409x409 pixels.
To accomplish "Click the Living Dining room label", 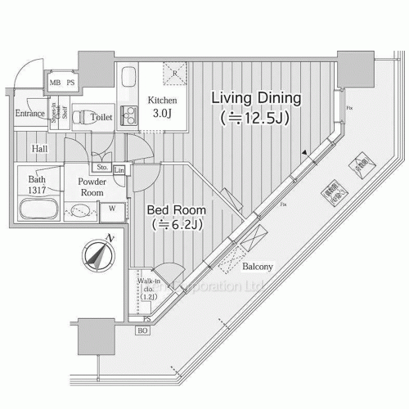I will pyautogui.click(x=256, y=107).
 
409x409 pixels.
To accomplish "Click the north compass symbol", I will pyautogui.click(x=96, y=254).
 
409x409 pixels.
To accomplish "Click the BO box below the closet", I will pyautogui.click(x=142, y=330).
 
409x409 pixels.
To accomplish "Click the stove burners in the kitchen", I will pyautogui.click(x=128, y=112).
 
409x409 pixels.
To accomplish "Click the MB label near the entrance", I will pyautogui.click(x=56, y=83).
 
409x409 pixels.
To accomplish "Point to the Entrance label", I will pyautogui.click(x=30, y=114).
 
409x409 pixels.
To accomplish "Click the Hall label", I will pyautogui.click(x=39, y=149).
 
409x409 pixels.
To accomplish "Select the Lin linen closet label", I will pyautogui.click(x=119, y=169).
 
